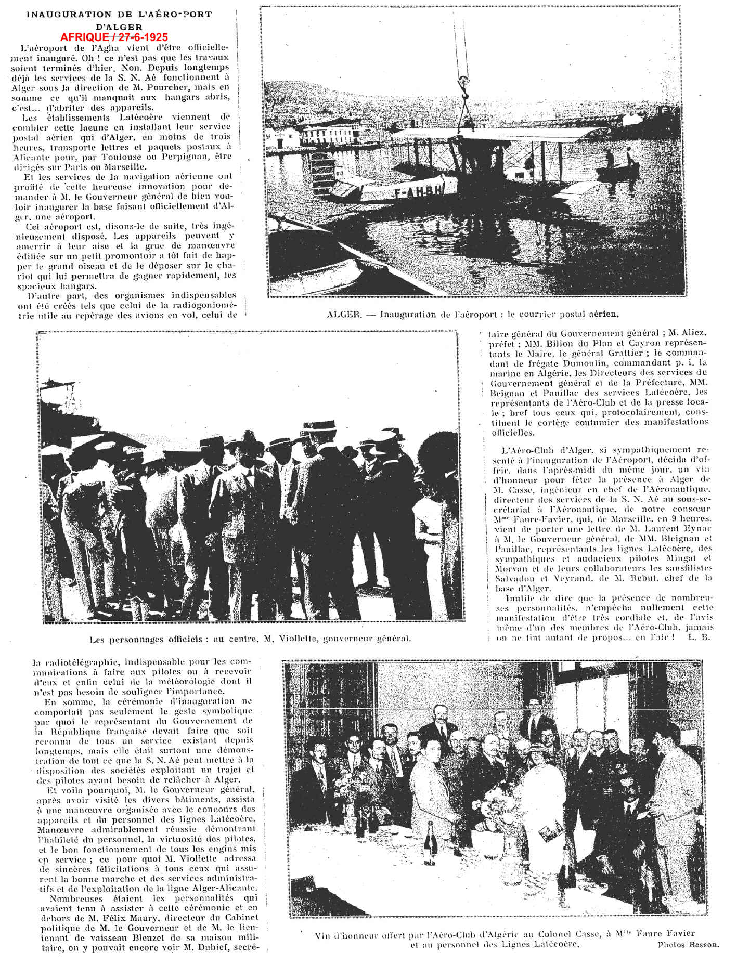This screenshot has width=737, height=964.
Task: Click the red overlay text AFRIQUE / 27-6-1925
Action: (x=114, y=37)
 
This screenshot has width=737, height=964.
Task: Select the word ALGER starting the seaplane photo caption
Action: (x=344, y=315)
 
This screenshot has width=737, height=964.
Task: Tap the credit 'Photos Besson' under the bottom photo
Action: (x=688, y=945)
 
